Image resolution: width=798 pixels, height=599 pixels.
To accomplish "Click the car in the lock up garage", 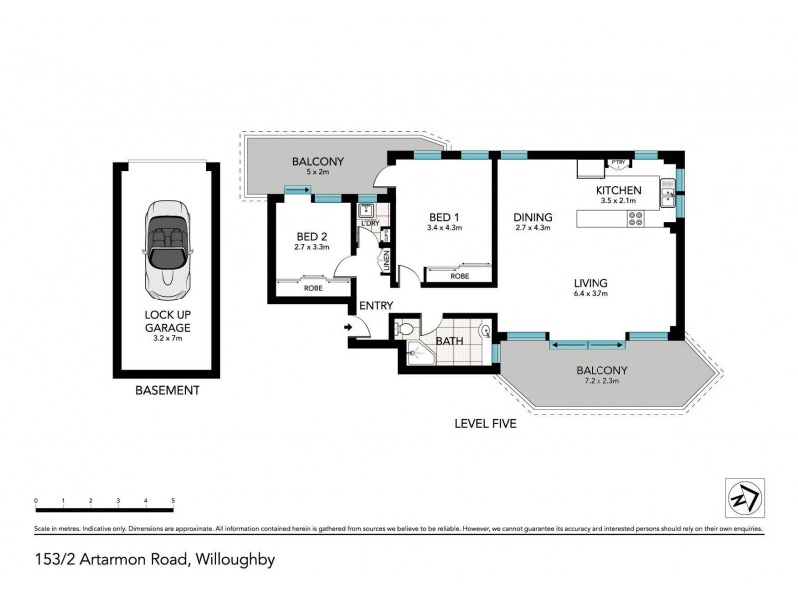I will (x=167, y=249).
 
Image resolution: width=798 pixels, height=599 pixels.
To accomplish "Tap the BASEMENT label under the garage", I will (x=167, y=391).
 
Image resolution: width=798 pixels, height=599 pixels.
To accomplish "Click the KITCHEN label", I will (x=619, y=190).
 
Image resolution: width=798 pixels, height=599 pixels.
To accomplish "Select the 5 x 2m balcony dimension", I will (x=317, y=172).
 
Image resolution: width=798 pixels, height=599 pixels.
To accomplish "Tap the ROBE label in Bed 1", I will (x=459, y=276).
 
